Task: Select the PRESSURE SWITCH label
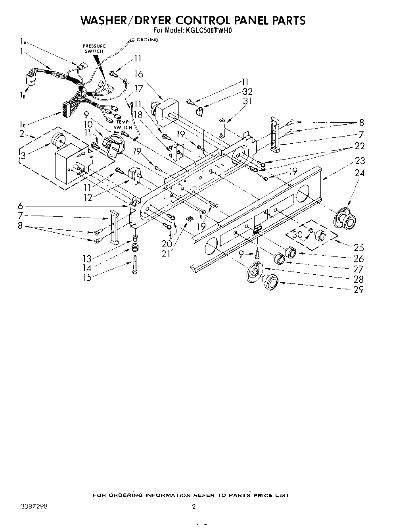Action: (94, 48)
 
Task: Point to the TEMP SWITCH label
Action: (123, 125)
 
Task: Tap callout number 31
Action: (247, 101)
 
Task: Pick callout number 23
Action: (360, 161)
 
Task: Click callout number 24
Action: (360, 173)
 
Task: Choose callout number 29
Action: (358, 289)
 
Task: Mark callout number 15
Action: (86, 277)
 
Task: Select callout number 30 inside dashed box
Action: (297, 234)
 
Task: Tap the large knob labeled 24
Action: (346, 218)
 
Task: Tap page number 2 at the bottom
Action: (194, 507)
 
